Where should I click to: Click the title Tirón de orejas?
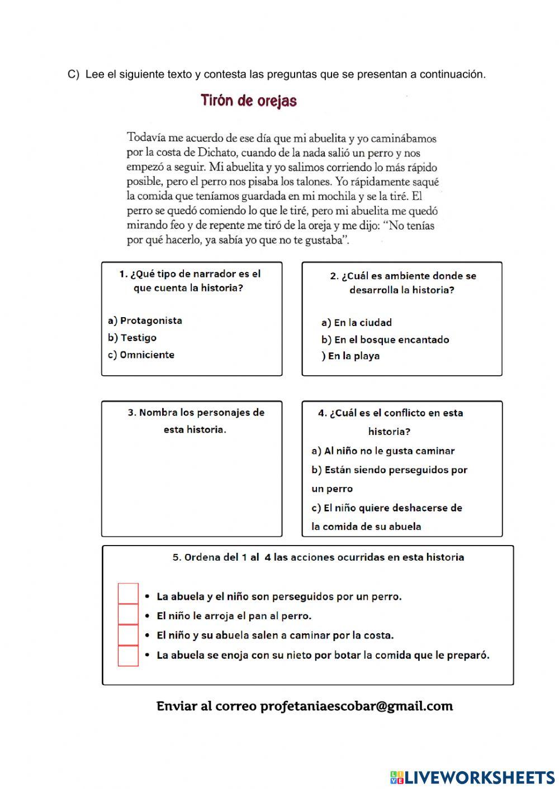point(248,101)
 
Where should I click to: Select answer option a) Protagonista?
point(145,321)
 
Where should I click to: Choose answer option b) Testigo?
point(132,338)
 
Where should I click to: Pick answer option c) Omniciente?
point(141,355)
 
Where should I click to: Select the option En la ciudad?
point(357,323)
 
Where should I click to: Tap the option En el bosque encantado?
point(385,339)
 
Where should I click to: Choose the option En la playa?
point(350,356)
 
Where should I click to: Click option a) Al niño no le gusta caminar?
point(383,451)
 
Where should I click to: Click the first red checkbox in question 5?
point(128,594)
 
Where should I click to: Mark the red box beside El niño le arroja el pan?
point(128,614)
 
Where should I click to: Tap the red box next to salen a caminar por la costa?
point(128,635)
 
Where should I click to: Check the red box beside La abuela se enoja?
point(128,656)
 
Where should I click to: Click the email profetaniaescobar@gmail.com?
point(357,706)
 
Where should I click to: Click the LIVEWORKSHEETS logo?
point(472,777)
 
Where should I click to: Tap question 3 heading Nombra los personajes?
point(196,413)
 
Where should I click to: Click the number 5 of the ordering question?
point(176,557)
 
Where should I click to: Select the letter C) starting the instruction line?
point(73,74)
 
